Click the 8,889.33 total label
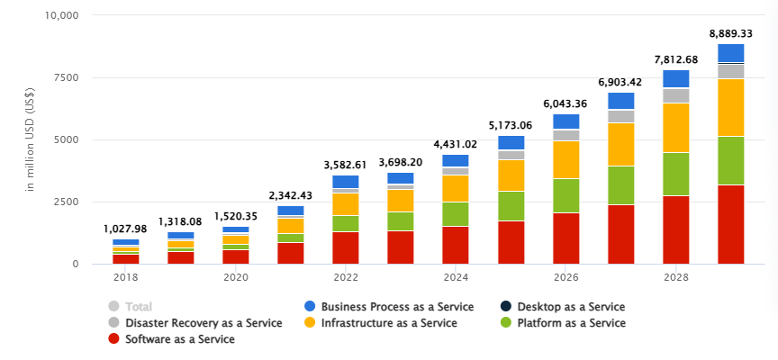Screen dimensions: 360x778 point(731,33)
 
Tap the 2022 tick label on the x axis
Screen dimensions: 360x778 point(345,276)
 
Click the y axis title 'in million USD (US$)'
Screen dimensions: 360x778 point(30,139)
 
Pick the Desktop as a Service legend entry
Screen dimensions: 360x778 point(567,306)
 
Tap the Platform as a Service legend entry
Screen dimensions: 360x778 point(567,322)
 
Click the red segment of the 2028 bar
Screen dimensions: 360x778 point(676,229)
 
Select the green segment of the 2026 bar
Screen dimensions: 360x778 point(566,195)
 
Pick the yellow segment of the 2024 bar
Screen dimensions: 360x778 point(456,188)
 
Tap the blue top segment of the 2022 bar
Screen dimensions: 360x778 point(346,181)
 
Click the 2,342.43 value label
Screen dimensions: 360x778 point(291,195)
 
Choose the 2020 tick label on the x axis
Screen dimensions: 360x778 point(235,276)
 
